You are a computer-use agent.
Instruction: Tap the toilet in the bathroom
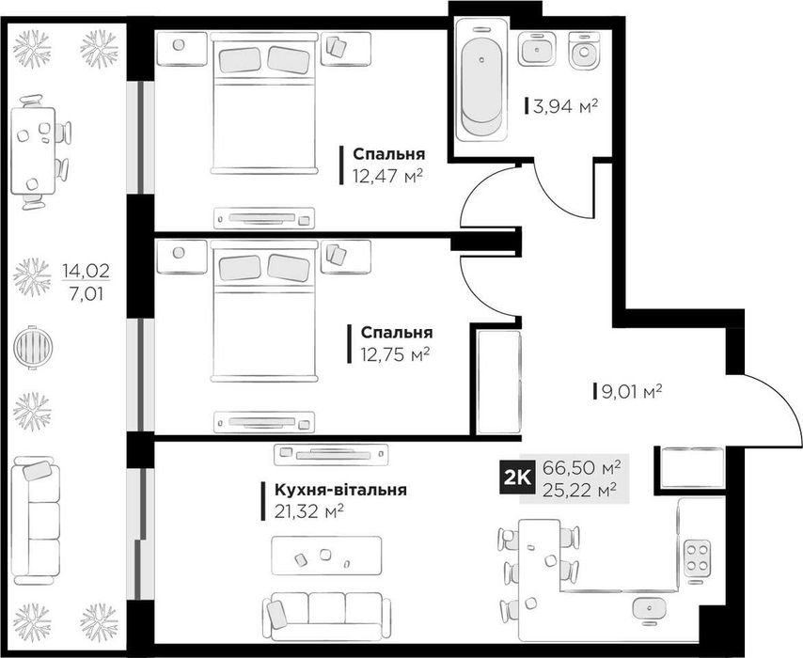[583, 50]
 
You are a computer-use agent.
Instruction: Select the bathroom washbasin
[537, 49]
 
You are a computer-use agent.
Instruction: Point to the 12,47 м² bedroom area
[387, 177]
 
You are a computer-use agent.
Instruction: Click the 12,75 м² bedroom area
[394, 354]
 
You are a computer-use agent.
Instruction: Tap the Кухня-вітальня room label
[340, 490]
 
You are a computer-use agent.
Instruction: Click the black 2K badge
[517, 478]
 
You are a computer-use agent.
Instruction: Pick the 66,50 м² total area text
[582, 467]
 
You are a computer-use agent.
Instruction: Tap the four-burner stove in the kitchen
[697, 556]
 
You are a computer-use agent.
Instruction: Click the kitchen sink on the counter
[650, 609]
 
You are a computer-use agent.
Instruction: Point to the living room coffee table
[326, 556]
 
